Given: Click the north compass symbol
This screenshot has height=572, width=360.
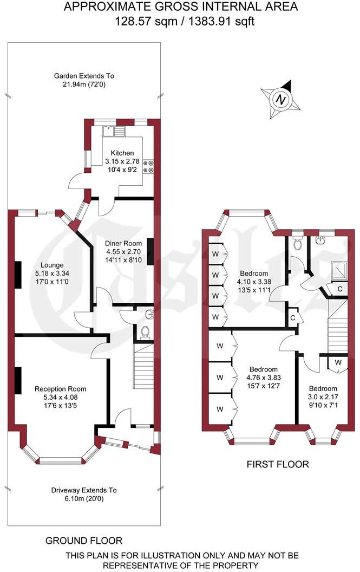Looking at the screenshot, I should coord(280,100).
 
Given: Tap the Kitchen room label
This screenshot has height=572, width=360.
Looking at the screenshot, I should coord(122,153).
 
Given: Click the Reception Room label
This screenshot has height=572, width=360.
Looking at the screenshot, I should coord(60,389).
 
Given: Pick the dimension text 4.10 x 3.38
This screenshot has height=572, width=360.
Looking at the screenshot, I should coord(253,282).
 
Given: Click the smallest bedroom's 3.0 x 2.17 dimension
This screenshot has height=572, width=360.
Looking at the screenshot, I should coord(323,397).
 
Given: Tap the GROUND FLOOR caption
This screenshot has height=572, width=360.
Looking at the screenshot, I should coord(84,541).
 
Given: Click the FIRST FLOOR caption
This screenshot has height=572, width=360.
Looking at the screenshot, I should coord(278,464).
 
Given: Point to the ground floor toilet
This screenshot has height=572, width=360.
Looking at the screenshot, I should coord(145,331).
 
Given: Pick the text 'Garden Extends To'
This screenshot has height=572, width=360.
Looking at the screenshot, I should coord(84,76).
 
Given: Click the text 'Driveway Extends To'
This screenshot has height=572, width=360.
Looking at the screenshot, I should coord(84,490).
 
